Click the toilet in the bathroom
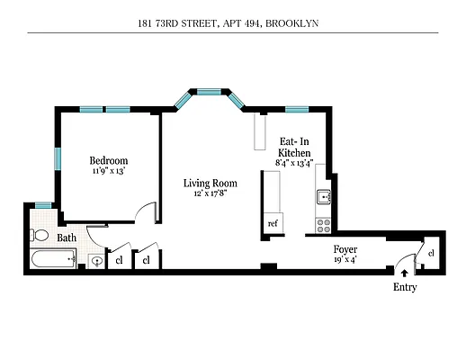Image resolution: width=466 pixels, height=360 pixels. click(41, 235)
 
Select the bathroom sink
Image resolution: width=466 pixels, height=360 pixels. click(97, 262)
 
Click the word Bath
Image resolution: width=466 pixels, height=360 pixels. click(67, 238)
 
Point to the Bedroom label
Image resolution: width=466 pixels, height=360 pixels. click(108, 159)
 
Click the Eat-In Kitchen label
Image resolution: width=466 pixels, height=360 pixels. click(294, 148)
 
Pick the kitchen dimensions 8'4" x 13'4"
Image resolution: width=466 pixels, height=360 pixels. click(294, 164)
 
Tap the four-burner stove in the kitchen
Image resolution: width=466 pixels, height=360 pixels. click(324, 222)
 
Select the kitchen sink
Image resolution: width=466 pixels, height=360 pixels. click(324, 198)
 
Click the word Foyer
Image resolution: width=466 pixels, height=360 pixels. click(345, 249)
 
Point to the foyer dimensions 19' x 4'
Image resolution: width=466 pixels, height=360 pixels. click(345, 259)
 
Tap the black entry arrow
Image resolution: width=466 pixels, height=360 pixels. click(404, 270)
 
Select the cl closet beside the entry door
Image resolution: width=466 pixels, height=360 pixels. click(431, 253)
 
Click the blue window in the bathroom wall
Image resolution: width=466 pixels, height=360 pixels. click(42, 206)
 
